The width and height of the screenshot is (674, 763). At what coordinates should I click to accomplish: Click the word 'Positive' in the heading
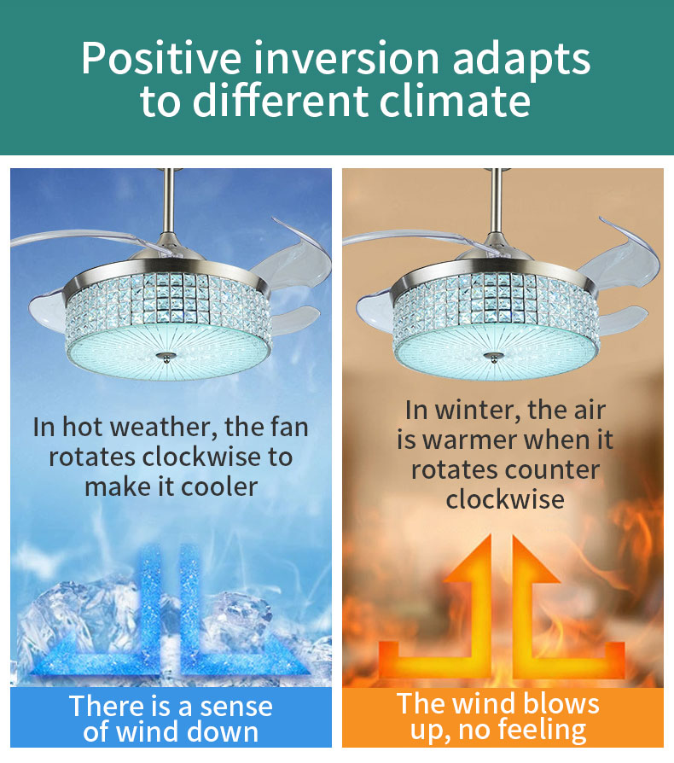(160, 58)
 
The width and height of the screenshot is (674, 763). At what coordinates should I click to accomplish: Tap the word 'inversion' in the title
(346, 58)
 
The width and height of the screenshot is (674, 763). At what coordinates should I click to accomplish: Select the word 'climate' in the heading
(455, 102)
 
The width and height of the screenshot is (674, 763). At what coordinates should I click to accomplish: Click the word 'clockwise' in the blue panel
(201, 457)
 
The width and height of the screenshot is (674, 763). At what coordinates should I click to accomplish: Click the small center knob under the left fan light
(166, 357)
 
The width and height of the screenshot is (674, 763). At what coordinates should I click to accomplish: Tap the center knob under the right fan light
(494, 358)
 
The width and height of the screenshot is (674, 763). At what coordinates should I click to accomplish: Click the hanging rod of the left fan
(170, 201)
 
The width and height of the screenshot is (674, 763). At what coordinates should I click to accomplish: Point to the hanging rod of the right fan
(497, 201)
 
